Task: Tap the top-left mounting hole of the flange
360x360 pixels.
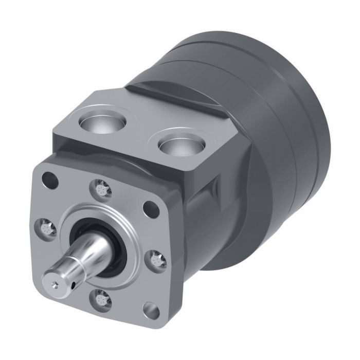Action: [50, 179]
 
